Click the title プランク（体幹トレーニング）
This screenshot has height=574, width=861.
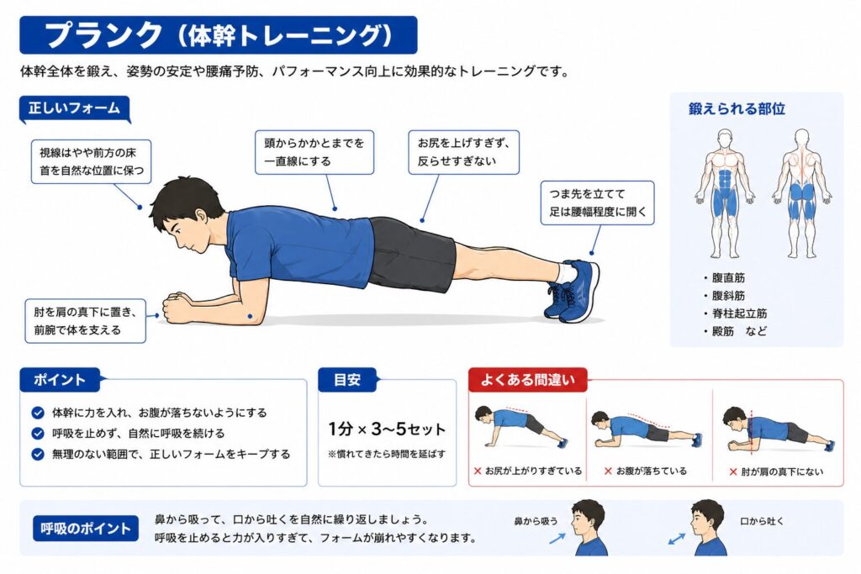218,34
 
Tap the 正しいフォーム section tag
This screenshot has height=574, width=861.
75,108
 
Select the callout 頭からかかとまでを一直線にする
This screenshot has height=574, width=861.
314,152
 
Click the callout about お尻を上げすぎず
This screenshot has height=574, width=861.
463,152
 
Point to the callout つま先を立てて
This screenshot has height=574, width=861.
598,203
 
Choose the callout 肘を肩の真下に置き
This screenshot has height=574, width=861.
85,321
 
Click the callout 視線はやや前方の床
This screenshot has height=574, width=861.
91,161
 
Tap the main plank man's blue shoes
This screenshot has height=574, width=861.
572,291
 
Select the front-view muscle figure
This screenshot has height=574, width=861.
724,193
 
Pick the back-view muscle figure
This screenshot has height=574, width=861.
801,193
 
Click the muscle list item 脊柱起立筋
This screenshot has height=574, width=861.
739,313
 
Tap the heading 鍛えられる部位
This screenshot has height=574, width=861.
737,108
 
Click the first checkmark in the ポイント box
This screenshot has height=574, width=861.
38,413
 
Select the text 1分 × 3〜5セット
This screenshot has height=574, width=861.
387,429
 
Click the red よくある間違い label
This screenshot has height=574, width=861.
528,380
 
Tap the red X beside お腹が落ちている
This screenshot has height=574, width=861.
608,471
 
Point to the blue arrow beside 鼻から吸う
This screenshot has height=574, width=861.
557,539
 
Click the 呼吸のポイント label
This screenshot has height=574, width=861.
85,529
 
